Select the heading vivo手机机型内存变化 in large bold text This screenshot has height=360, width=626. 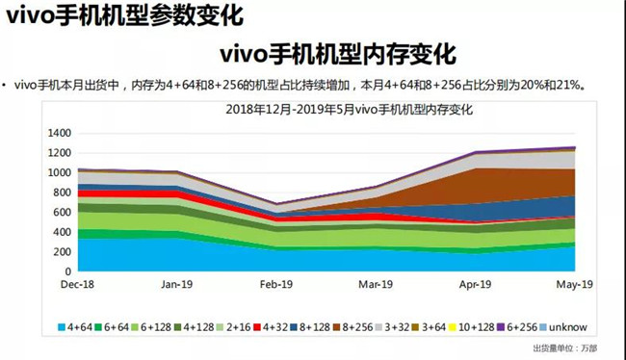coord(337,52)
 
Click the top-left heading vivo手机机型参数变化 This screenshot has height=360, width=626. coord(123,15)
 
